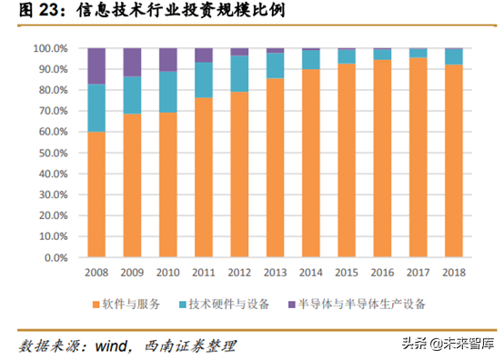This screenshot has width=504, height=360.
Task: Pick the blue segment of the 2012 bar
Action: pos(239,73)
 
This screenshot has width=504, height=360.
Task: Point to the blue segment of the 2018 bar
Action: pos(454,56)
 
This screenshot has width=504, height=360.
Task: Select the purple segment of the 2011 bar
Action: pos(204,55)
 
